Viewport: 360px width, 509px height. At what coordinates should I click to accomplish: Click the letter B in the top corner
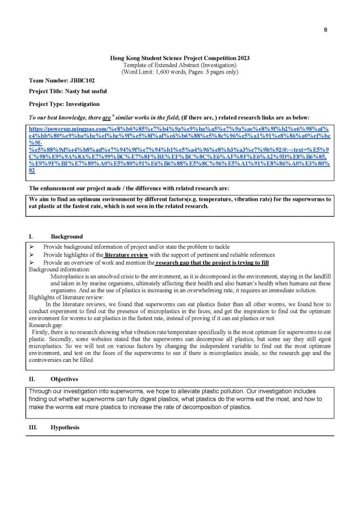[x=325, y=30]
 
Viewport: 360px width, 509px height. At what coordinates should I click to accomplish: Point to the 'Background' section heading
[x=66, y=237]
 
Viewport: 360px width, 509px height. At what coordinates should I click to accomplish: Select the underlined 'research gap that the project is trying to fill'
[x=212, y=263]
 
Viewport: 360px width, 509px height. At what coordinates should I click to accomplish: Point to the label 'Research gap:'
[x=45, y=325]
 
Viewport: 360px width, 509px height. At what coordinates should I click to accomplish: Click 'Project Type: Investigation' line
[x=64, y=104]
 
